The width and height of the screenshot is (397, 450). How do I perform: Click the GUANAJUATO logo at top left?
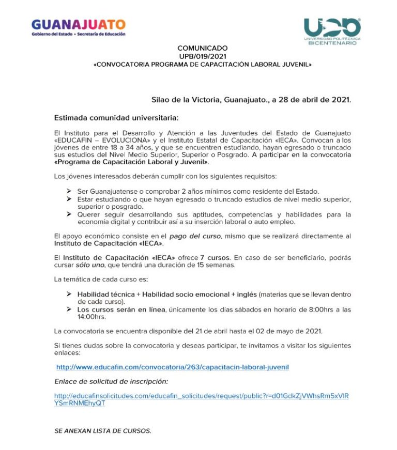pos(78,26)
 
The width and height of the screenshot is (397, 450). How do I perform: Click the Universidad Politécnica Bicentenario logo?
pos(332,31)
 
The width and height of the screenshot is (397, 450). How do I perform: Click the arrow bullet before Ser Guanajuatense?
pos(69,191)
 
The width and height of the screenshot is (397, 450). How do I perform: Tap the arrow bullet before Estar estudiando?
pos(69,199)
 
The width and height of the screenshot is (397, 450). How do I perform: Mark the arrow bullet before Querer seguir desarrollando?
pos(69,214)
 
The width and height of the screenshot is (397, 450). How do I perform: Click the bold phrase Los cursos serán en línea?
pos(121,309)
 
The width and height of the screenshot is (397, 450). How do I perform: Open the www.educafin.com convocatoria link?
pos(172,366)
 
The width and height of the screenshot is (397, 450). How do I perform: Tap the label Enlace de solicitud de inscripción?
pos(112,381)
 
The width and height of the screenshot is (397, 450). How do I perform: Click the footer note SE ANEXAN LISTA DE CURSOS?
pos(103,430)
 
